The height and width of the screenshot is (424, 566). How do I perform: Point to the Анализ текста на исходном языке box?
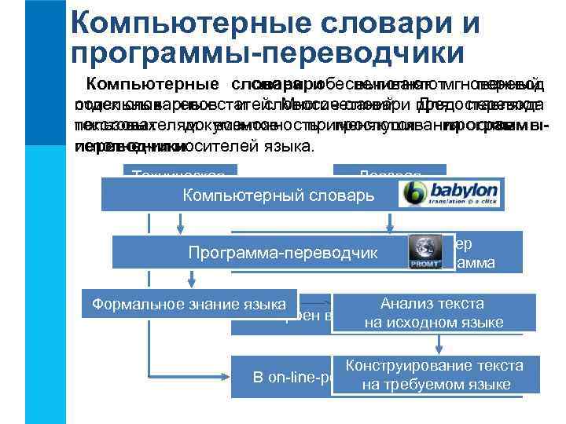432,313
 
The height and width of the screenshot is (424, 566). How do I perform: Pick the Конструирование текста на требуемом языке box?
435,375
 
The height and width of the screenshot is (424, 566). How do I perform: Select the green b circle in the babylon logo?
414,193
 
